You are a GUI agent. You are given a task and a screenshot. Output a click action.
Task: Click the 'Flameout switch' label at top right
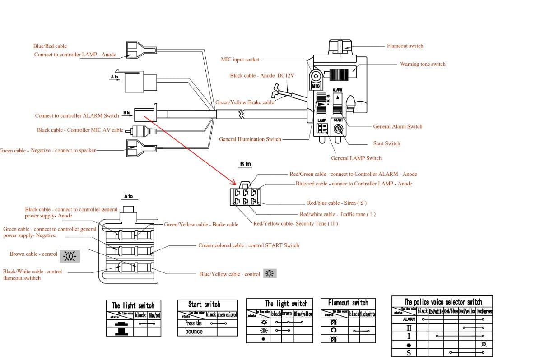tap(405, 46)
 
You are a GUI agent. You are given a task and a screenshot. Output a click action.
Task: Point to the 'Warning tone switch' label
tap(423, 64)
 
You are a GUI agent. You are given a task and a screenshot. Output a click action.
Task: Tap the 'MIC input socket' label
tap(240, 60)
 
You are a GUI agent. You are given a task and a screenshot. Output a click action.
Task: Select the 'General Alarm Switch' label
tap(398, 127)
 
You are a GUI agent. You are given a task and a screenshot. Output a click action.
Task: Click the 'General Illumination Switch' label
tap(250, 139)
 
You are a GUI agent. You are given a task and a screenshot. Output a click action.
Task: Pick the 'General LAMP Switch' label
tap(356, 158)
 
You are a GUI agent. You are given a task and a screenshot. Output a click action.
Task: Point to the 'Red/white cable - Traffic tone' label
tap(337, 214)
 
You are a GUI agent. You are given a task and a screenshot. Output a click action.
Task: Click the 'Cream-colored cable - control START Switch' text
tap(248, 245)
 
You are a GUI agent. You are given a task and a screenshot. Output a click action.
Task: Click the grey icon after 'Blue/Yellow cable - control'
tap(270, 273)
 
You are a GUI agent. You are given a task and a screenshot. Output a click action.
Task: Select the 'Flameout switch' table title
tap(348, 303)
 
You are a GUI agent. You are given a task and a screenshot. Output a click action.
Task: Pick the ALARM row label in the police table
tap(409, 319)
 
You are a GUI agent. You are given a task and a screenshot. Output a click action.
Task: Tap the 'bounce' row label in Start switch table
tap(194, 331)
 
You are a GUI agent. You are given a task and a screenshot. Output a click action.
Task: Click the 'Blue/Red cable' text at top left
tap(50, 46)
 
